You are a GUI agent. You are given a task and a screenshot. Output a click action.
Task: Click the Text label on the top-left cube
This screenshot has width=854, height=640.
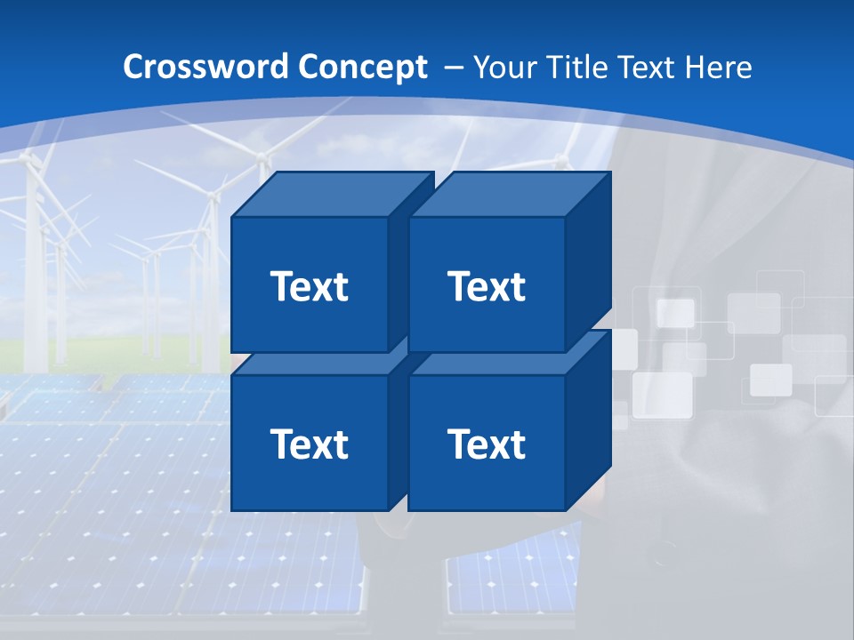click(309, 286)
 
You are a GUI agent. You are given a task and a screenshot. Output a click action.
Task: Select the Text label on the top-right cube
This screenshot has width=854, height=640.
click(487, 286)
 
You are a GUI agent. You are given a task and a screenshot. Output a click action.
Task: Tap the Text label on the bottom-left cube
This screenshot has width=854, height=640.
click(309, 444)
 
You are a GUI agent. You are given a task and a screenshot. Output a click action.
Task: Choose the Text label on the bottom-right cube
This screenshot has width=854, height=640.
click(487, 444)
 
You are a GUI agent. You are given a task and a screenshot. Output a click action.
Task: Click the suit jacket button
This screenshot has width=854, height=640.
click(662, 560)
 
